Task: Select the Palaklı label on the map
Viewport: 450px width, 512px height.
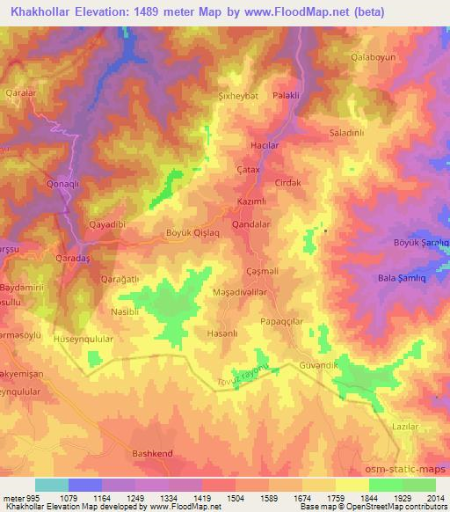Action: [287, 96]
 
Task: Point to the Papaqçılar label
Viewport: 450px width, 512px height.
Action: [283, 322]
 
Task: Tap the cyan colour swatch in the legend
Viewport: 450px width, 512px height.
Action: [53, 485]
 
